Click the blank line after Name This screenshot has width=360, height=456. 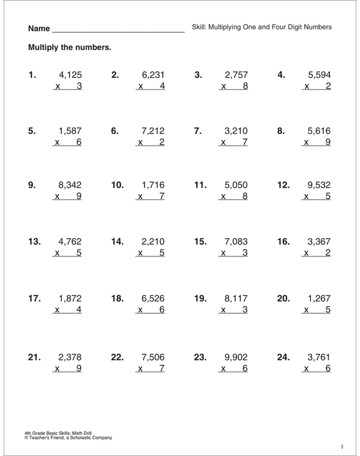pos(119,28)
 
